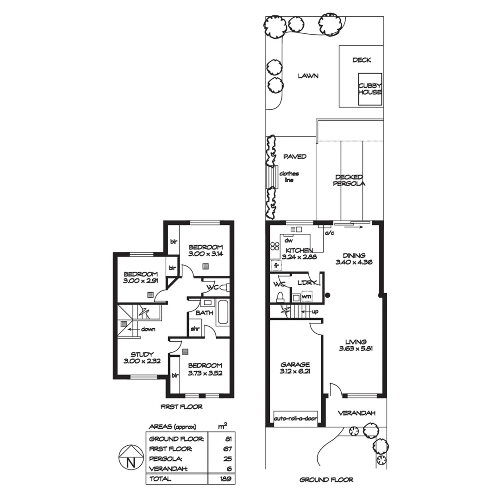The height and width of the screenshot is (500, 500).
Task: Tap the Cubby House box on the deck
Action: [x=370, y=88]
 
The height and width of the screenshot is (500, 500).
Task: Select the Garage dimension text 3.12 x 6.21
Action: [x=295, y=371]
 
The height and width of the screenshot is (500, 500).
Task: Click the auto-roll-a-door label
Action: [x=295, y=418]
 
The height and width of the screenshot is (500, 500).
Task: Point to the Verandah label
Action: [x=356, y=413]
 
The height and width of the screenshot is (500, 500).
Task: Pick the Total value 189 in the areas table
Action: [x=226, y=479]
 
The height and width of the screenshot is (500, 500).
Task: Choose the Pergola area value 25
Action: [x=227, y=459]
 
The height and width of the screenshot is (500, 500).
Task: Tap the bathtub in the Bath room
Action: [x=222, y=312]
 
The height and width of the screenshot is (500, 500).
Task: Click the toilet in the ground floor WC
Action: [x=280, y=296]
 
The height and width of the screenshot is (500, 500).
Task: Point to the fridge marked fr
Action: [x=276, y=266]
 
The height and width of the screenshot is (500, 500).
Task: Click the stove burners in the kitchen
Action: [x=275, y=247]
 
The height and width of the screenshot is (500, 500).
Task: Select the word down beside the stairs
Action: [x=148, y=330]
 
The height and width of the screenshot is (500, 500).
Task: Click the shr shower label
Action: [x=195, y=330]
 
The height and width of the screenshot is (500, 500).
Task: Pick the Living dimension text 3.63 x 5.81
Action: [x=356, y=349]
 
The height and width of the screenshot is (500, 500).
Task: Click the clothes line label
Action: [x=289, y=177]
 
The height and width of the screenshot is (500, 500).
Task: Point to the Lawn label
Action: [x=308, y=76]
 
